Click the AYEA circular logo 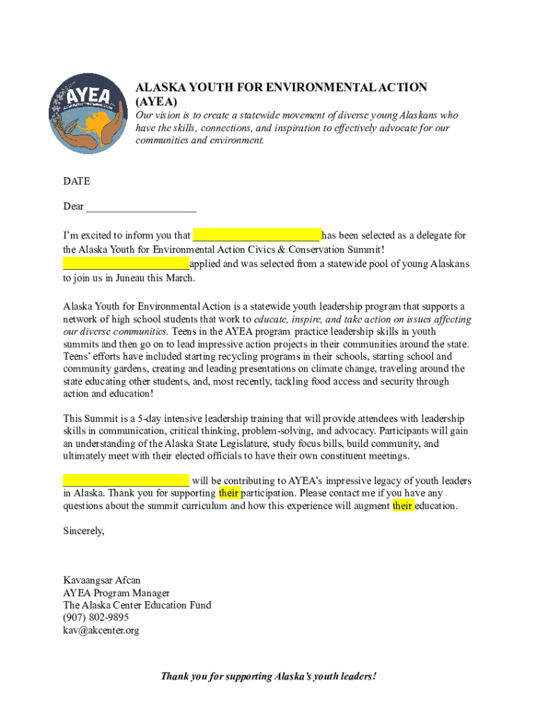tap(87, 113)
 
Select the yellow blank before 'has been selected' tap(256, 235)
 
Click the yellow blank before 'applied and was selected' tap(126, 264)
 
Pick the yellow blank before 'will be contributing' tap(126, 480)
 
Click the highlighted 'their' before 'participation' tap(229, 493)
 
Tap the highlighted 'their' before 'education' tap(403, 506)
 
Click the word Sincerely tap(84, 531)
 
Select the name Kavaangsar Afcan tap(102, 580)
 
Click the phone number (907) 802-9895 tap(96, 618)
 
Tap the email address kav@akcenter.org tap(101, 630)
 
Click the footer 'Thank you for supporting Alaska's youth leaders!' tap(268, 676)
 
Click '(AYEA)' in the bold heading tap(151, 101)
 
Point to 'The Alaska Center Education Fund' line tap(137, 605)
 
